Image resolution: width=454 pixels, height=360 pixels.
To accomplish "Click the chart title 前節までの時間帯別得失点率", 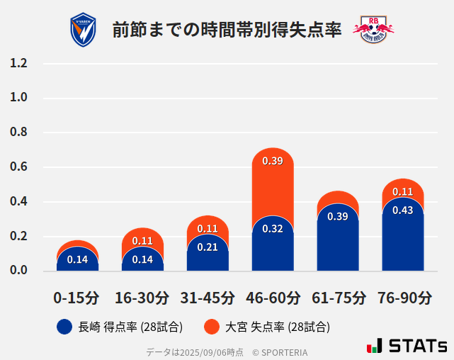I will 227,29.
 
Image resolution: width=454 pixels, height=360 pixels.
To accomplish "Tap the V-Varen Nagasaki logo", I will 83,29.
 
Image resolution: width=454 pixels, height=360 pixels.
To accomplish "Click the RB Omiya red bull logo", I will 373,29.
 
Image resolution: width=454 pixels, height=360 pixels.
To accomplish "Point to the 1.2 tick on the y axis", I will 19,63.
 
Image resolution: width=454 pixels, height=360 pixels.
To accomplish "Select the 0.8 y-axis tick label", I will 19,133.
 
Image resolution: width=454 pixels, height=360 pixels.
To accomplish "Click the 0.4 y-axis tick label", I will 19,202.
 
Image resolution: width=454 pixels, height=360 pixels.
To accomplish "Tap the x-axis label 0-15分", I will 77,298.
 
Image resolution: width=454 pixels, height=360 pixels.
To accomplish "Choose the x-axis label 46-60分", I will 273,298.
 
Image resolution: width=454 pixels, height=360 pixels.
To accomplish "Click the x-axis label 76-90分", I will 403,298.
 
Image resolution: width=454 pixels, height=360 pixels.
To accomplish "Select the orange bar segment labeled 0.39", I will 273,177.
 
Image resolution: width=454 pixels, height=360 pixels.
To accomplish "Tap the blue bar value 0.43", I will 403,210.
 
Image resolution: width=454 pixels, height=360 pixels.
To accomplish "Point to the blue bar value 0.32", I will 273,229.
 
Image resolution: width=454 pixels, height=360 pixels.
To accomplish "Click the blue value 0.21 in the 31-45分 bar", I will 208,247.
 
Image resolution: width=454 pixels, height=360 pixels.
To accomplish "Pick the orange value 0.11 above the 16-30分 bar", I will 142,241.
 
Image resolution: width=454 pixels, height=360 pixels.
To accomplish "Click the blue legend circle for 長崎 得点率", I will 64,327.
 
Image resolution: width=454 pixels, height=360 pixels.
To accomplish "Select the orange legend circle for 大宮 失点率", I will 211,327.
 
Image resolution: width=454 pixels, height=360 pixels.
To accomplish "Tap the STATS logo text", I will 417,346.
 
